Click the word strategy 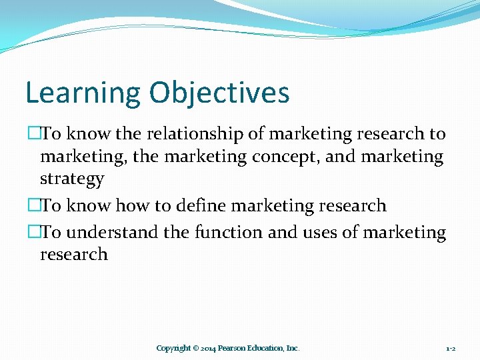(72, 179)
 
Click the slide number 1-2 (451, 348)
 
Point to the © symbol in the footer (196, 348)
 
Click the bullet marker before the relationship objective (33, 134)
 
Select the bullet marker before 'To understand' (33, 232)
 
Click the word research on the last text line (73, 254)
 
